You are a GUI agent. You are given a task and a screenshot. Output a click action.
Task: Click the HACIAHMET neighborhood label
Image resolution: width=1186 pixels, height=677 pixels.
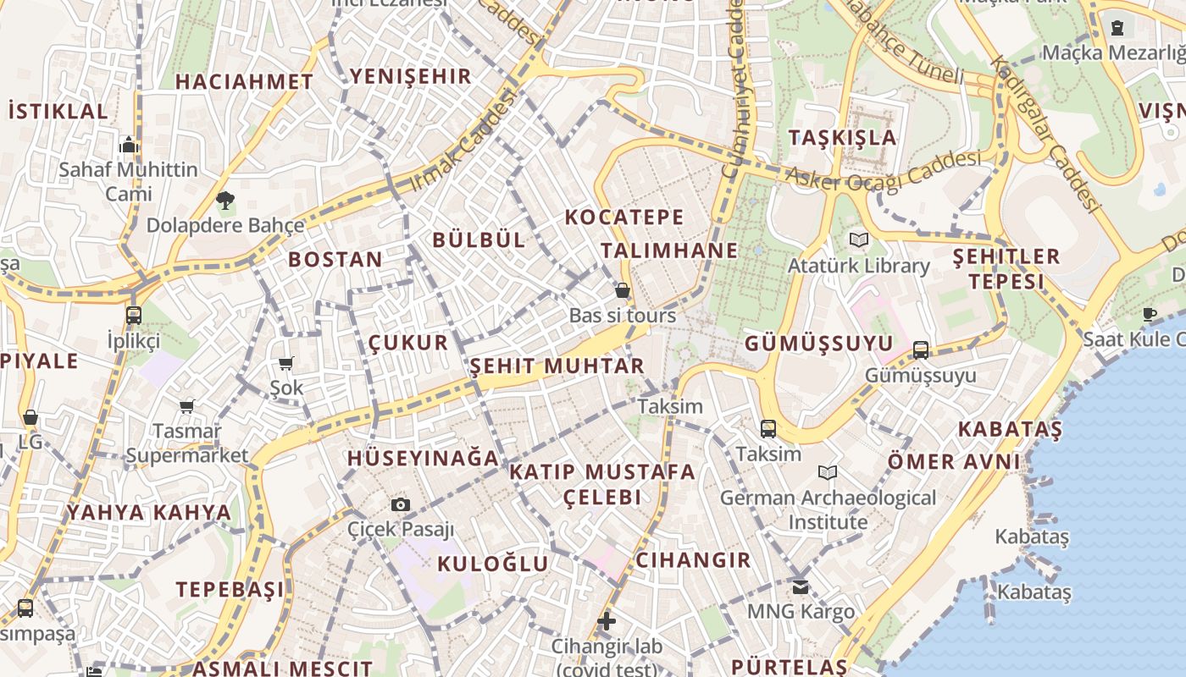pyautogui.click(x=244, y=82)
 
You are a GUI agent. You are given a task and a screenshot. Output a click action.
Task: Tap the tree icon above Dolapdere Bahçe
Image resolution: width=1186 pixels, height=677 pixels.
pyautogui.click(x=224, y=201)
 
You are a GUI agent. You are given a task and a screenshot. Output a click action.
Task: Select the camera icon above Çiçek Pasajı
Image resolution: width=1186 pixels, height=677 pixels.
pyautogui.click(x=401, y=505)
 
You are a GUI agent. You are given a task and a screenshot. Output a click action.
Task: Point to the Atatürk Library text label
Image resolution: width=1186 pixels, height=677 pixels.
pyautogui.click(x=858, y=266)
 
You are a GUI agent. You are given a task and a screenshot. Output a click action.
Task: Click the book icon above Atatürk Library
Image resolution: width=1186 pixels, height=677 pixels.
pyautogui.click(x=859, y=240)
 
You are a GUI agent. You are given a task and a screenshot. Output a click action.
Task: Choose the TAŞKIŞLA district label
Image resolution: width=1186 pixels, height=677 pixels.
pyautogui.click(x=841, y=137)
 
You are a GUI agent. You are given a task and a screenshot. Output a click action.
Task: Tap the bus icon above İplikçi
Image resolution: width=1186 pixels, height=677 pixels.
pyautogui.click(x=134, y=316)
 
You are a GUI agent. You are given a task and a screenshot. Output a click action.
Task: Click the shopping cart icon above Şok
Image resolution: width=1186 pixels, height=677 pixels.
pyautogui.click(x=286, y=364)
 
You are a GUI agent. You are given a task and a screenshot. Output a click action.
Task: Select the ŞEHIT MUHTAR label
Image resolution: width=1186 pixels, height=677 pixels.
pyautogui.click(x=557, y=366)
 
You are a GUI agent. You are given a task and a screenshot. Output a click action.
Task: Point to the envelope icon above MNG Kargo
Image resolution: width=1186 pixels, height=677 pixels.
pyautogui.click(x=801, y=586)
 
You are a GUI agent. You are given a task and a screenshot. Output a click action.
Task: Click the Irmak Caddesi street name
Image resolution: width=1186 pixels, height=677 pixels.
pyautogui.click(x=463, y=140)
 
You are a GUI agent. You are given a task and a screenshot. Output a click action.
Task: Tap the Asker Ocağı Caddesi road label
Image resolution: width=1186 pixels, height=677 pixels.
pyautogui.click(x=884, y=170)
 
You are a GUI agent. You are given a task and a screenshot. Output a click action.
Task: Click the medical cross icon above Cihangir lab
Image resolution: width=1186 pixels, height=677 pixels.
pyautogui.click(x=606, y=622)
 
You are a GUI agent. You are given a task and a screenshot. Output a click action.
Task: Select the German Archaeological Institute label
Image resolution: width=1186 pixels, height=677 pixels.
pyautogui.click(x=828, y=509)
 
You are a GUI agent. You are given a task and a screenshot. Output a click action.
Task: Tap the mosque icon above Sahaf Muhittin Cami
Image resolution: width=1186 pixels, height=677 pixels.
pyautogui.click(x=129, y=145)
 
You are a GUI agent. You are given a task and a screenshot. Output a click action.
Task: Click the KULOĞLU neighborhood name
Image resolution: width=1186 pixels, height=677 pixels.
pyautogui.click(x=493, y=564)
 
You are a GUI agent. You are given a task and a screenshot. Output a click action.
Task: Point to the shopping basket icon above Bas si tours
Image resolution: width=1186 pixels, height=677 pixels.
pyautogui.click(x=623, y=291)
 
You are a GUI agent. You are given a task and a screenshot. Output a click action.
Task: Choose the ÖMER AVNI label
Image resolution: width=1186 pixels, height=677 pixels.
pyautogui.click(x=954, y=462)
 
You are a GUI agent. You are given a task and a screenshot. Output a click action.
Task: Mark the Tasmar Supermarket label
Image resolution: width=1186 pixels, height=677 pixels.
pyautogui.click(x=187, y=443)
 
